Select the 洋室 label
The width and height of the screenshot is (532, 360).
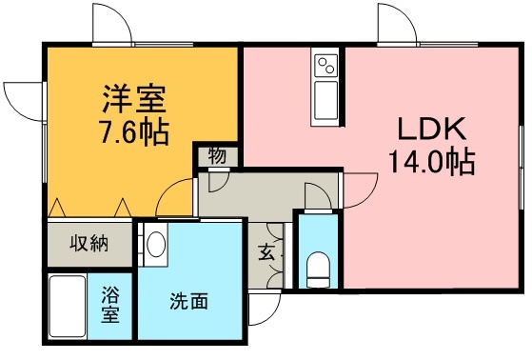pos(134,98)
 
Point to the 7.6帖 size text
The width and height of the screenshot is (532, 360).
pos(134,130)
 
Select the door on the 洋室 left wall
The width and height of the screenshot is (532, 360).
pos(23,99)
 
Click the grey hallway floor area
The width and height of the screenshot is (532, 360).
pos(257,194)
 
